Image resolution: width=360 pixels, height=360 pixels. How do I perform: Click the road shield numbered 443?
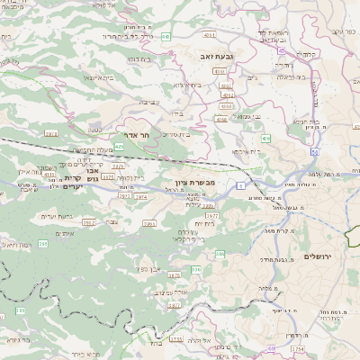[x=166, y=37]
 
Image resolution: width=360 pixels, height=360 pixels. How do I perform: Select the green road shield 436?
[x=265, y=139]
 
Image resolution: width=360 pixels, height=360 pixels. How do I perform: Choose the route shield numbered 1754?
[x=176, y=340]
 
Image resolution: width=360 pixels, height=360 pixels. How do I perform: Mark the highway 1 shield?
[x=240, y=184]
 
